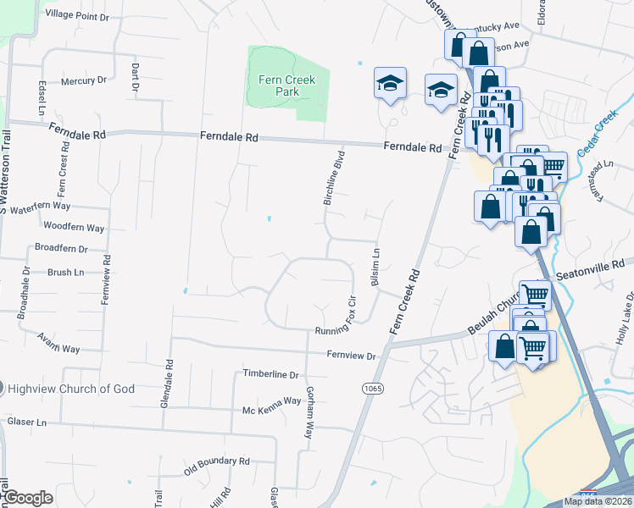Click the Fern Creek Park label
pos(286,86)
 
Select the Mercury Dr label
pos(83,81)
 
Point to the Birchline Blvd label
pos(336,178)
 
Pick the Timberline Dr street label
pos(271,374)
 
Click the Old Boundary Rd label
pos(217,463)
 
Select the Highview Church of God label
pos(70,389)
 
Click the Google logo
pos(27,498)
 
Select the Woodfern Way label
pos(74,228)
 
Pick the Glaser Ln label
pos(25,422)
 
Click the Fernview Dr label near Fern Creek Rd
pos(351,356)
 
